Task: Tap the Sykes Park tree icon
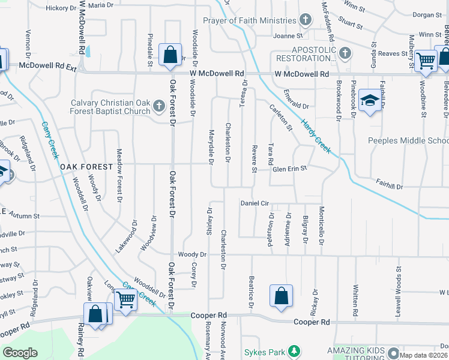pos(294,351)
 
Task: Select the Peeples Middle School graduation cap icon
pos(370,101)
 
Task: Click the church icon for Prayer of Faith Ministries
pos(305,20)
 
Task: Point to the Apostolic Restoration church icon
pos(344,54)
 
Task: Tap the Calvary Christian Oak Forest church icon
pos(158,107)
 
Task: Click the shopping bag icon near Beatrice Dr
pos(281,296)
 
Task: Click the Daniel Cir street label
pos(255,203)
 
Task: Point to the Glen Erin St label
pos(290,169)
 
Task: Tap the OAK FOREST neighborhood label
pos(86,166)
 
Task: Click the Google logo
pos(20,352)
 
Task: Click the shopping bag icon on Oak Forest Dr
pos(170,55)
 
